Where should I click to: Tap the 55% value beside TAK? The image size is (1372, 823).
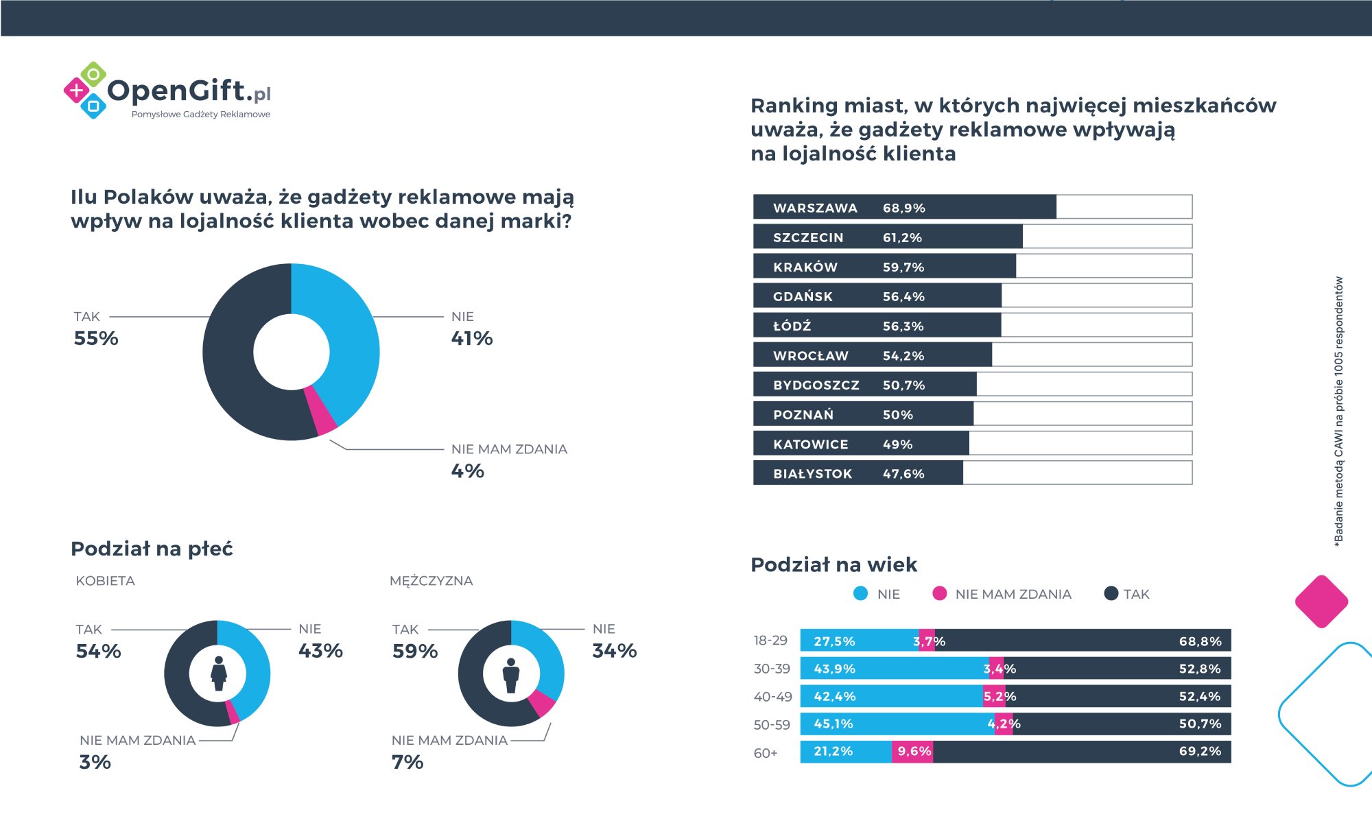96,338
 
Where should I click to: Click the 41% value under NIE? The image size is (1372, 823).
472,338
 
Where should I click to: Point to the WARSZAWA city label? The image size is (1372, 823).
815,208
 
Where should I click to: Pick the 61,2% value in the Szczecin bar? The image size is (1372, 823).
902,237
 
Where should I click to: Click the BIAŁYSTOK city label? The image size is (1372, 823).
812,474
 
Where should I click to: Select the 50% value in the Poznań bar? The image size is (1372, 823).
897,415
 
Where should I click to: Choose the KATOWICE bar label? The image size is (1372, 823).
810,444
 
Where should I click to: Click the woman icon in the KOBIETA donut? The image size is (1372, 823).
218,673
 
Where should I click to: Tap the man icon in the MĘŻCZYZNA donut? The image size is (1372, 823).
511,675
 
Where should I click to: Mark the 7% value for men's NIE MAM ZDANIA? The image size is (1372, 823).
407,762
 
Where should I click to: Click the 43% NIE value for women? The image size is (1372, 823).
320,651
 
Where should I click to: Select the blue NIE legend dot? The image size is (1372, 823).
860,594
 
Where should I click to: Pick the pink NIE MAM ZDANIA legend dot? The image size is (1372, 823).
940,594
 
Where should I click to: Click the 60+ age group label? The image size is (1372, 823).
766,753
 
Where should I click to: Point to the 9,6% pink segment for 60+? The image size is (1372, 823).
914,752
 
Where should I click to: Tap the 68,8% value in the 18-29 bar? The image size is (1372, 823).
1200,641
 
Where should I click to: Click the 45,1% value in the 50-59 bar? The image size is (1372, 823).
833,724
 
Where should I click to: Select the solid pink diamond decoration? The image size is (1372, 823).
1321,601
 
